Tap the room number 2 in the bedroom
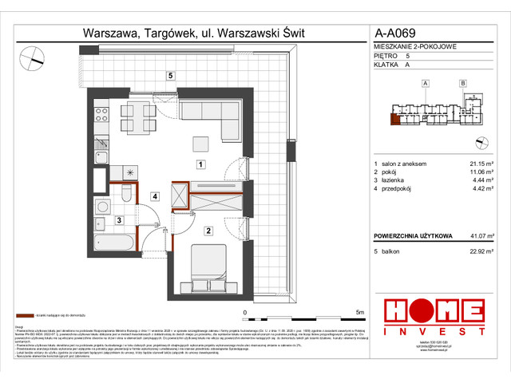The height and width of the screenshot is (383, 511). (208, 231)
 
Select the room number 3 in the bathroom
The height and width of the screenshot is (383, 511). (118, 220)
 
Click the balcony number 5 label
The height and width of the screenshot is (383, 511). (170, 75)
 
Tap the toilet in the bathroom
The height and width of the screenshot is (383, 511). (126, 192)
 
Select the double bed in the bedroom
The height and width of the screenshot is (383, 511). (208, 270)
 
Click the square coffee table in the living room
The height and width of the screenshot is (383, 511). (200, 144)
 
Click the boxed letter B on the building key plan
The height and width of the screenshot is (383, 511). (462, 83)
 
